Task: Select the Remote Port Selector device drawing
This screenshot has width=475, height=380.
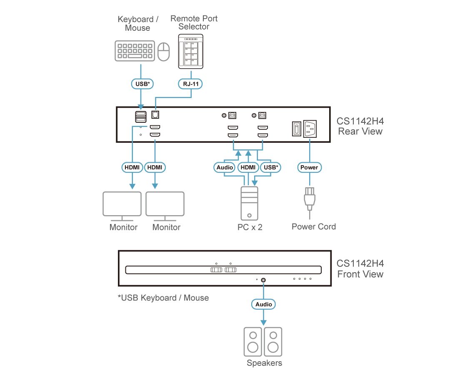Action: click(x=191, y=52)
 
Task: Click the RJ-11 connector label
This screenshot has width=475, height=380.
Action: click(x=191, y=84)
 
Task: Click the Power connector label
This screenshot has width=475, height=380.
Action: click(x=310, y=167)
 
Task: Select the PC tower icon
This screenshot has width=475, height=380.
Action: click(x=249, y=203)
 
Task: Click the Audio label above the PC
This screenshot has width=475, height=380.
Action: click(x=225, y=167)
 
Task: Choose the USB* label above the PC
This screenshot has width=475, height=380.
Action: click(x=271, y=167)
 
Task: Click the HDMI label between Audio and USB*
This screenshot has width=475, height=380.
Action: click(x=248, y=167)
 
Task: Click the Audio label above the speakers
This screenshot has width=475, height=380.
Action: click(x=263, y=304)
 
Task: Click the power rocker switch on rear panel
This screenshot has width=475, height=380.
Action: click(x=296, y=129)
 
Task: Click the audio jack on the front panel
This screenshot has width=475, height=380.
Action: click(x=263, y=280)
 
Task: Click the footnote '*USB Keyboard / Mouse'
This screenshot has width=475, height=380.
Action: click(x=163, y=298)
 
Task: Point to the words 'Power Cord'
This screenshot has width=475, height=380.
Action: click(x=313, y=227)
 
